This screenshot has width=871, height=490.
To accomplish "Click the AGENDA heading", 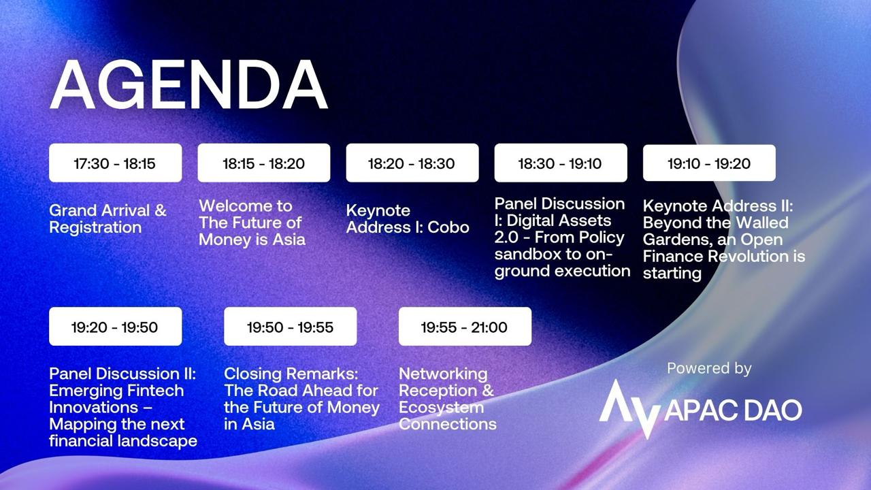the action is pyautogui.click(x=188, y=85).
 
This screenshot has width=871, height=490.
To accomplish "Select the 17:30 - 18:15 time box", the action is pyautogui.click(x=116, y=163).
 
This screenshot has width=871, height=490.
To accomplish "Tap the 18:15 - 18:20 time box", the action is pyautogui.click(x=264, y=163).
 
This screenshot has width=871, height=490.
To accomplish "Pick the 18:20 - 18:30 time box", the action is pyautogui.click(x=412, y=163).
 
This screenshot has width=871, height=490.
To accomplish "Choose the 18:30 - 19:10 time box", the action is pyautogui.click(x=561, y=163).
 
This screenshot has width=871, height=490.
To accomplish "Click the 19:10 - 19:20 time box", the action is pyautogui.click(x=709, y=163).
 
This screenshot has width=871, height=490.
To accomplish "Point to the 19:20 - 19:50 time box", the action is pyautogui.click(x=116, y=327).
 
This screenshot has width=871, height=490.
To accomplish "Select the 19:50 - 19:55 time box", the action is pyautogui.click(x=291, y=327).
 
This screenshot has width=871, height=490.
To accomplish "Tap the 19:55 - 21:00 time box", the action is pyautogui.click(x=465, y=327).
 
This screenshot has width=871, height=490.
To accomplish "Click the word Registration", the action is pyautogui.click(x=95, y=228).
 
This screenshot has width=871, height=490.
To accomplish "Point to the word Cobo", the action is pyautogui.click(x=448, y=227).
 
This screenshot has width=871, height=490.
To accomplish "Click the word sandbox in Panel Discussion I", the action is pyautogui.click(x=527, y=255).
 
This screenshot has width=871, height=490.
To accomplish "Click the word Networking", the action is pyautogui.click(x=443, y=374).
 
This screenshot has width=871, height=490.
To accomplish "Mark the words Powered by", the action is pyautogui.click(x=709, y=369).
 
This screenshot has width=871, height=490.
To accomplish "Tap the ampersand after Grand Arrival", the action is pyautogui.click(x=161, y=211).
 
